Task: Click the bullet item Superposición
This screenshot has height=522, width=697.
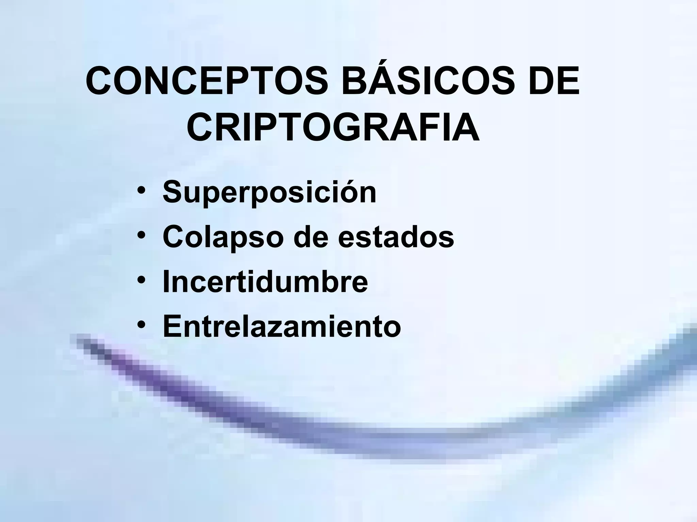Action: pyautogui.click(x=270, y=192)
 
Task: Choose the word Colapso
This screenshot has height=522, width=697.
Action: pyautogui.click(x=223, y=237)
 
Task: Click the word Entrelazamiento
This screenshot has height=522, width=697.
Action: pyautogui.click(x=282, y=327)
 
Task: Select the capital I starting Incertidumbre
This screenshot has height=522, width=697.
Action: pyautogui.click(x=166, y=281)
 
